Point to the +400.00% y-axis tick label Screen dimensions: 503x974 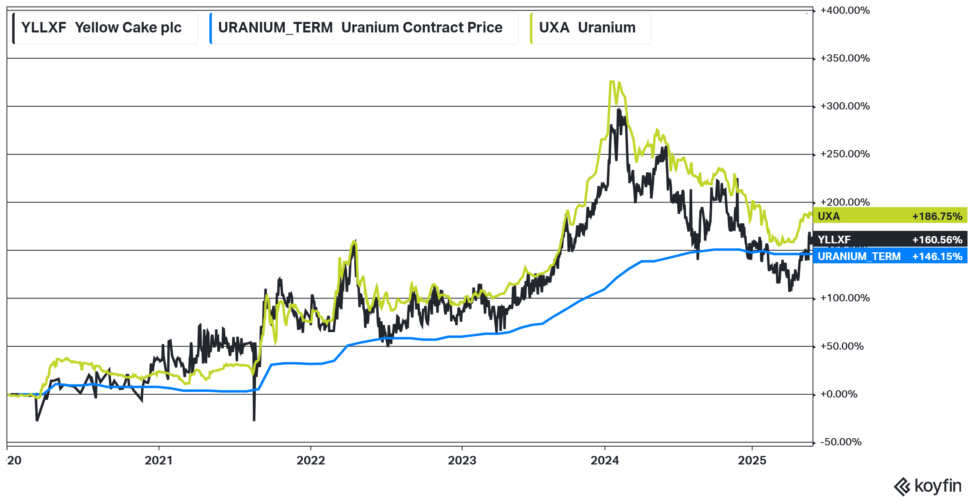845,11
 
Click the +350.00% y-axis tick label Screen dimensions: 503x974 845,58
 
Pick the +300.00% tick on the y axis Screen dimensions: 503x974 845,106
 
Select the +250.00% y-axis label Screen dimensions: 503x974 845,154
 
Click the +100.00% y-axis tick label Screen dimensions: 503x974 845,298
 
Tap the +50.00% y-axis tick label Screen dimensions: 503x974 842,346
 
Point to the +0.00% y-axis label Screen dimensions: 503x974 838,394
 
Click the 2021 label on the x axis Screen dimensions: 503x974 159,461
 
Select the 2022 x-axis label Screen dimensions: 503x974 310,461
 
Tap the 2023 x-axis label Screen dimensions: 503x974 462,461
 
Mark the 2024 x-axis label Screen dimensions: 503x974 605,461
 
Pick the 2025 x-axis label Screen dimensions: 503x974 752,461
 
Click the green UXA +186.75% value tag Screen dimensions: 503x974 890,216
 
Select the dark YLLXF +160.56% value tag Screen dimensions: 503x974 890,240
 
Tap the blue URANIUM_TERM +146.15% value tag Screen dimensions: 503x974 890,256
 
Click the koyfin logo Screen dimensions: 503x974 928,486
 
